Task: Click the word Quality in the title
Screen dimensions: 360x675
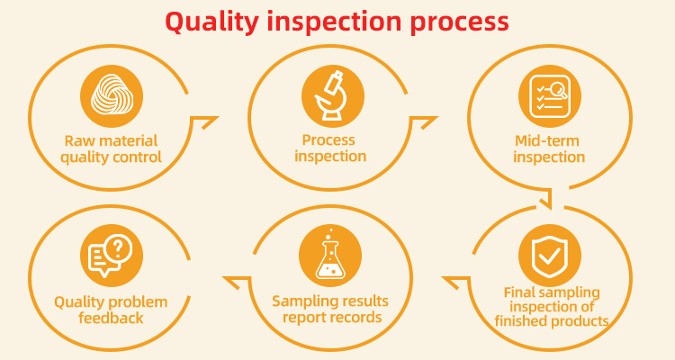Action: pos(209,22)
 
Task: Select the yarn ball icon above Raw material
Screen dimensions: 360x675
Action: pos(112,94)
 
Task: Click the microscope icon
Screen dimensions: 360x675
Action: pos(332,94)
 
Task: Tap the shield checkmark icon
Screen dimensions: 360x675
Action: pos(549,255)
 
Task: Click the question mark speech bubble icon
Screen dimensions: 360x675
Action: pos(112,255)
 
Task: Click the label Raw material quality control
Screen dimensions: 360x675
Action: pos(112,148)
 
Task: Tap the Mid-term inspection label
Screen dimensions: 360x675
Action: pos(549,148)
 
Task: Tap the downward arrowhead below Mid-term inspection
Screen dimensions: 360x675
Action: pos(545,198)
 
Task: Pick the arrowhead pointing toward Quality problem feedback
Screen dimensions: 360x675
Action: pos(231,282)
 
